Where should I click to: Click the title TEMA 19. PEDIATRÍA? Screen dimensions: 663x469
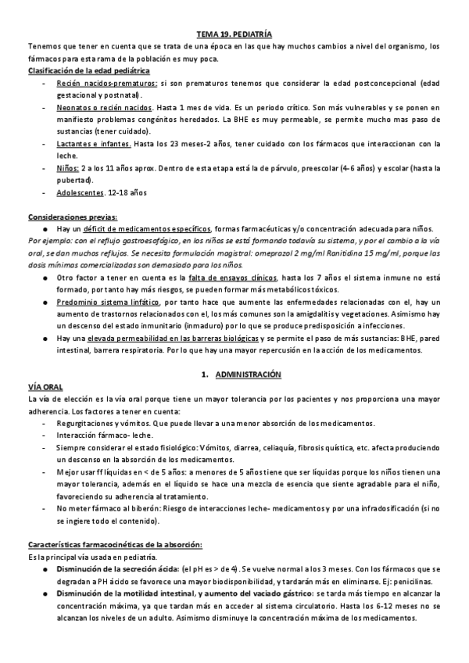[234, 35]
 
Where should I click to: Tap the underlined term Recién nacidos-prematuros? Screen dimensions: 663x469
[107, 83]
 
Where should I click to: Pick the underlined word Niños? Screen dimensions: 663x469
[67, 168]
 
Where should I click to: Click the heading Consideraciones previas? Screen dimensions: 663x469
[73, 217]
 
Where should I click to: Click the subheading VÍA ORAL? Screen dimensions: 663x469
[45, 388]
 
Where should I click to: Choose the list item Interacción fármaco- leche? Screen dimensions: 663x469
[105, 435]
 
